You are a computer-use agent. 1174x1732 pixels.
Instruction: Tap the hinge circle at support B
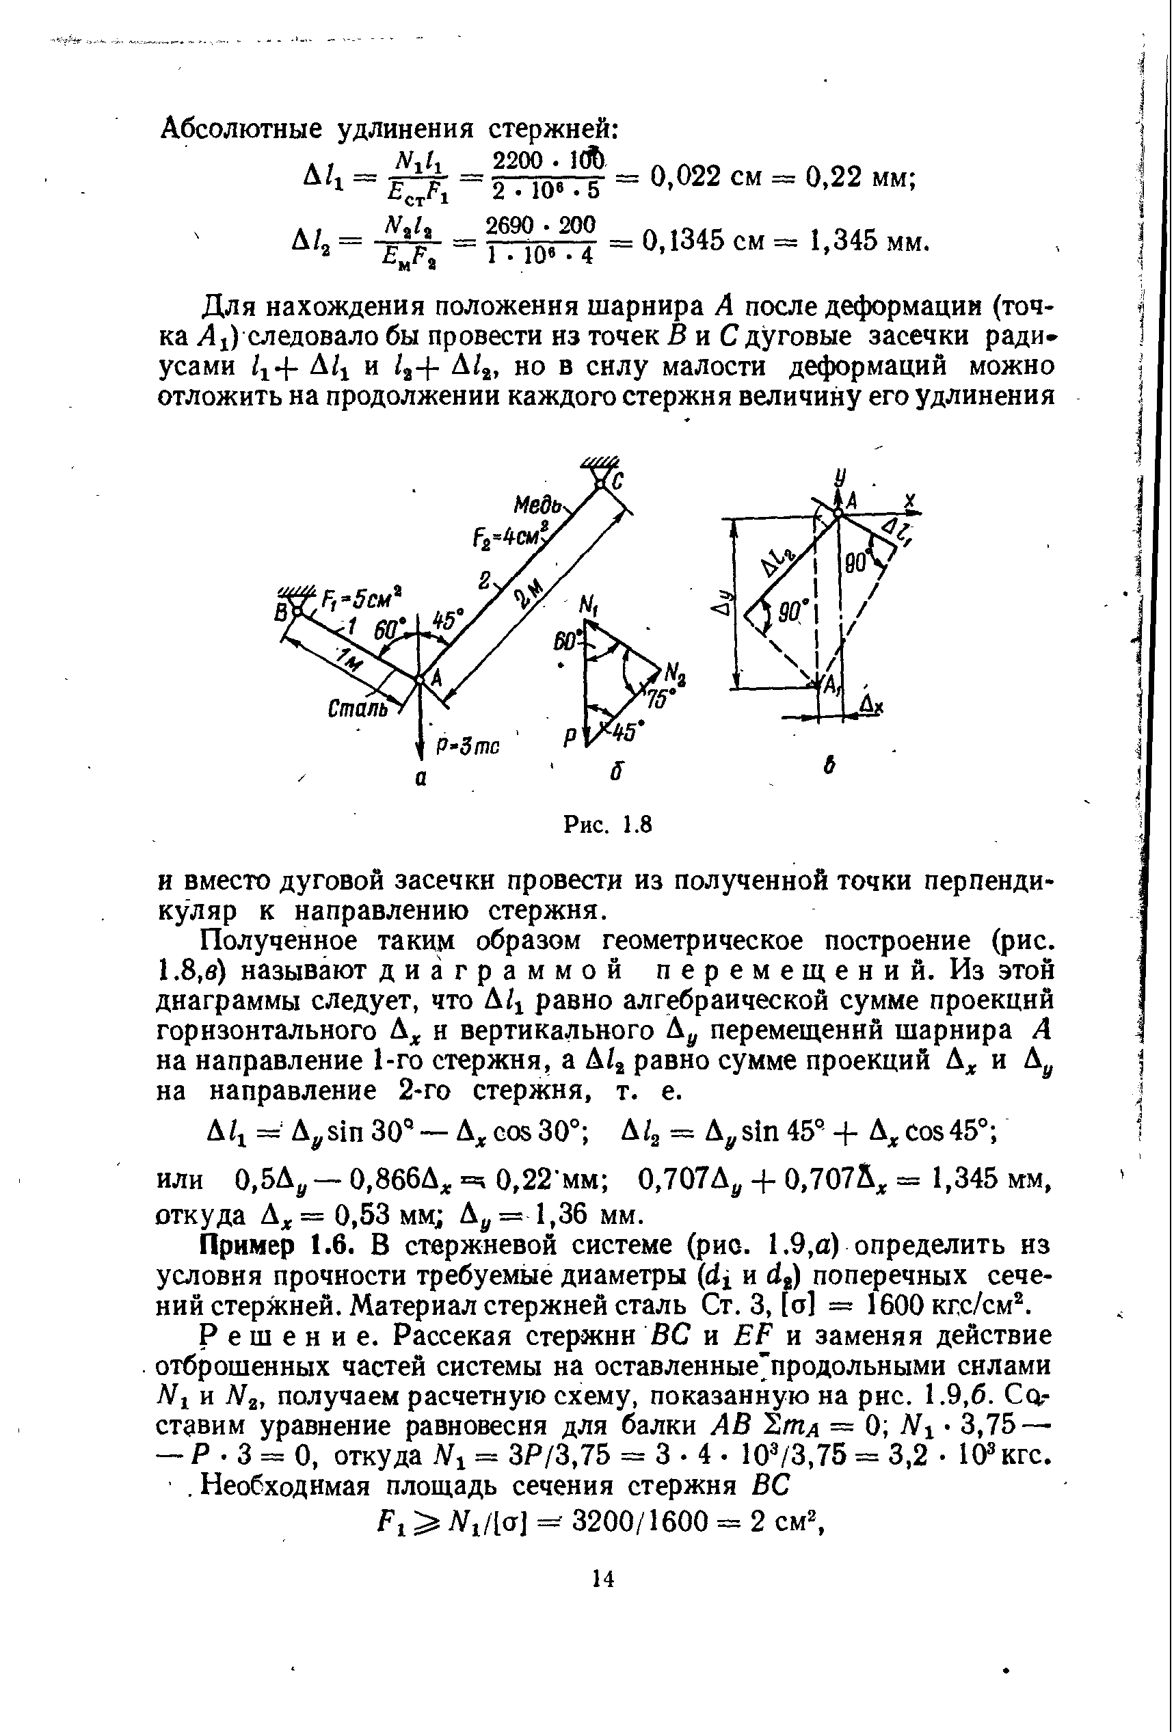(296, 611)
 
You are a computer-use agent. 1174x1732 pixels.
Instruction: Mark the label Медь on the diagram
(539, 505)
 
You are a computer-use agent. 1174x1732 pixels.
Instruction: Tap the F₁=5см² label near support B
(361, 597)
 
